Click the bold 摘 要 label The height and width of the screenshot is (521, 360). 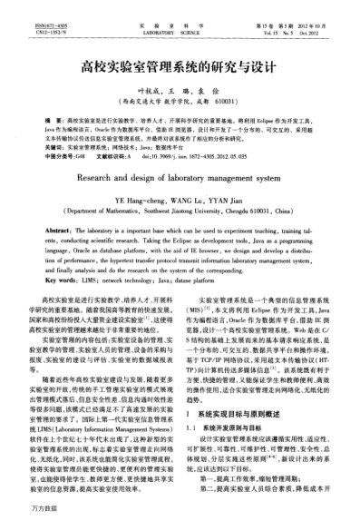pyautogui.click(x=55, y=120)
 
